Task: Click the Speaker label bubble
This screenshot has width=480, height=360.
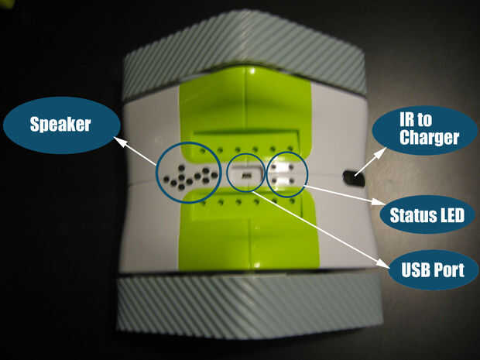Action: click(x=61, y=124)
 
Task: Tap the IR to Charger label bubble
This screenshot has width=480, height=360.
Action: click(x=425, y=130)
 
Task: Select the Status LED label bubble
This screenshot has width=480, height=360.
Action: click(x=426, y=215)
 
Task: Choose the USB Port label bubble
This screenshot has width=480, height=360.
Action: click(x=432, y=271)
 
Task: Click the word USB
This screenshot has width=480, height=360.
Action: click(x=416, y=271)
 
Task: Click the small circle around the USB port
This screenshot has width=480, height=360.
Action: click(x=246, y=175)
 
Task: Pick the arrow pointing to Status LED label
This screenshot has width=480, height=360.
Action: click(x=341, y=194)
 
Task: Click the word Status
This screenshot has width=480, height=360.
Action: click(x=411, y=215)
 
